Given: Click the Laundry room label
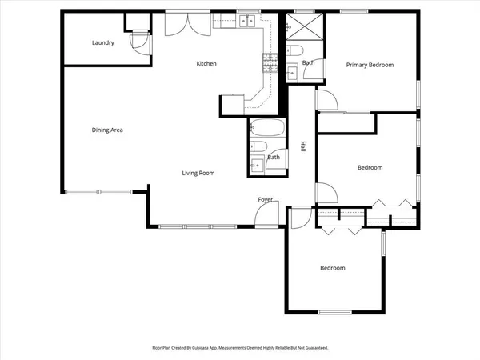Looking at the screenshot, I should click(102, 43).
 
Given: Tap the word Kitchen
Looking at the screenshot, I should click(207, 64).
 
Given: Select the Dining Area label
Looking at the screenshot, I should click(107, 130).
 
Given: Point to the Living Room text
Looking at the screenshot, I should click(198, 173).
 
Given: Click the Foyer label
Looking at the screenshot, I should click(265, 198).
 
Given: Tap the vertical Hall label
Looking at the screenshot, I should click(303, 146).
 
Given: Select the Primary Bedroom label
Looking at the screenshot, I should click(370, 65).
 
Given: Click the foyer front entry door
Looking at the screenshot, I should click(266, 213).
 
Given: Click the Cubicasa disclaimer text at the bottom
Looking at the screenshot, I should click(240, 348).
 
